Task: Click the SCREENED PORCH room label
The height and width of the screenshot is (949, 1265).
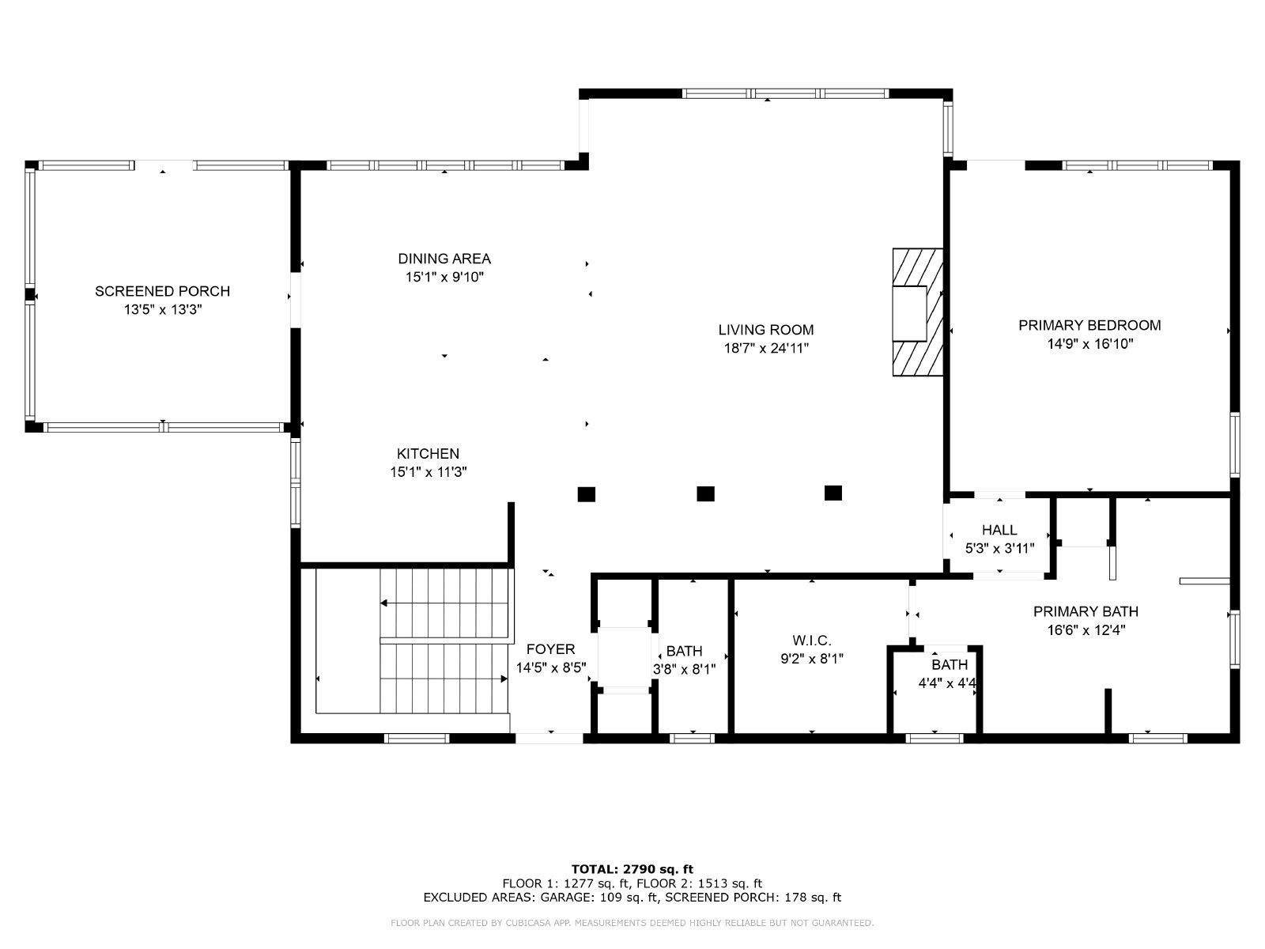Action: click(x=163, y=292)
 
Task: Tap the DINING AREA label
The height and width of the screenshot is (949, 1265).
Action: click(x=444, y=259)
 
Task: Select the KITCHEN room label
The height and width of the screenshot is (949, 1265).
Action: click(x=428, y=454)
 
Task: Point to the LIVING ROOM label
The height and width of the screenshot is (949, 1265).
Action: click(x=766, y=330)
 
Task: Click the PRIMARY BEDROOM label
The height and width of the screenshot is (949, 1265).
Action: click(x=1089, y=326)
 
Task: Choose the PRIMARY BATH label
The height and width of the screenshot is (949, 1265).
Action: click(x=1086, y=611)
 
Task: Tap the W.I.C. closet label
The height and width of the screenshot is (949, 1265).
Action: click(x=812, y=640)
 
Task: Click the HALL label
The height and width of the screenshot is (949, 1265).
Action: click(x=999, y=530)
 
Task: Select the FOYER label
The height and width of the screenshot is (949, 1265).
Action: click(x=550, y=649)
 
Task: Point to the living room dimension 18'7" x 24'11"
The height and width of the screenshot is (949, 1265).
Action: click(x=766, y=349)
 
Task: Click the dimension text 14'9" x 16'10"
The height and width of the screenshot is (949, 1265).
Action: click(x=1090, y=344)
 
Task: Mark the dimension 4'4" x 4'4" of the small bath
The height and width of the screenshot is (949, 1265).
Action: click(x=947, y=683)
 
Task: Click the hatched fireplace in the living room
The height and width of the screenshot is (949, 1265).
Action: click(x=917, y=312)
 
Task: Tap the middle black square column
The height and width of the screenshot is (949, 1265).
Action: click(x=705, y=493)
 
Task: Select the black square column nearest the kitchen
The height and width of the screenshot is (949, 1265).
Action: click(x=586, y=494)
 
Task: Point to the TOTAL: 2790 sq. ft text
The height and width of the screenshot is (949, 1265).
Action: click(x=632, y=869)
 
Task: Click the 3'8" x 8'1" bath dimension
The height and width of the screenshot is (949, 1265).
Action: click(x=684, y=670)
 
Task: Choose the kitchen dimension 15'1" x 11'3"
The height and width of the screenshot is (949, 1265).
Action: click(x=429, y=472)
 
